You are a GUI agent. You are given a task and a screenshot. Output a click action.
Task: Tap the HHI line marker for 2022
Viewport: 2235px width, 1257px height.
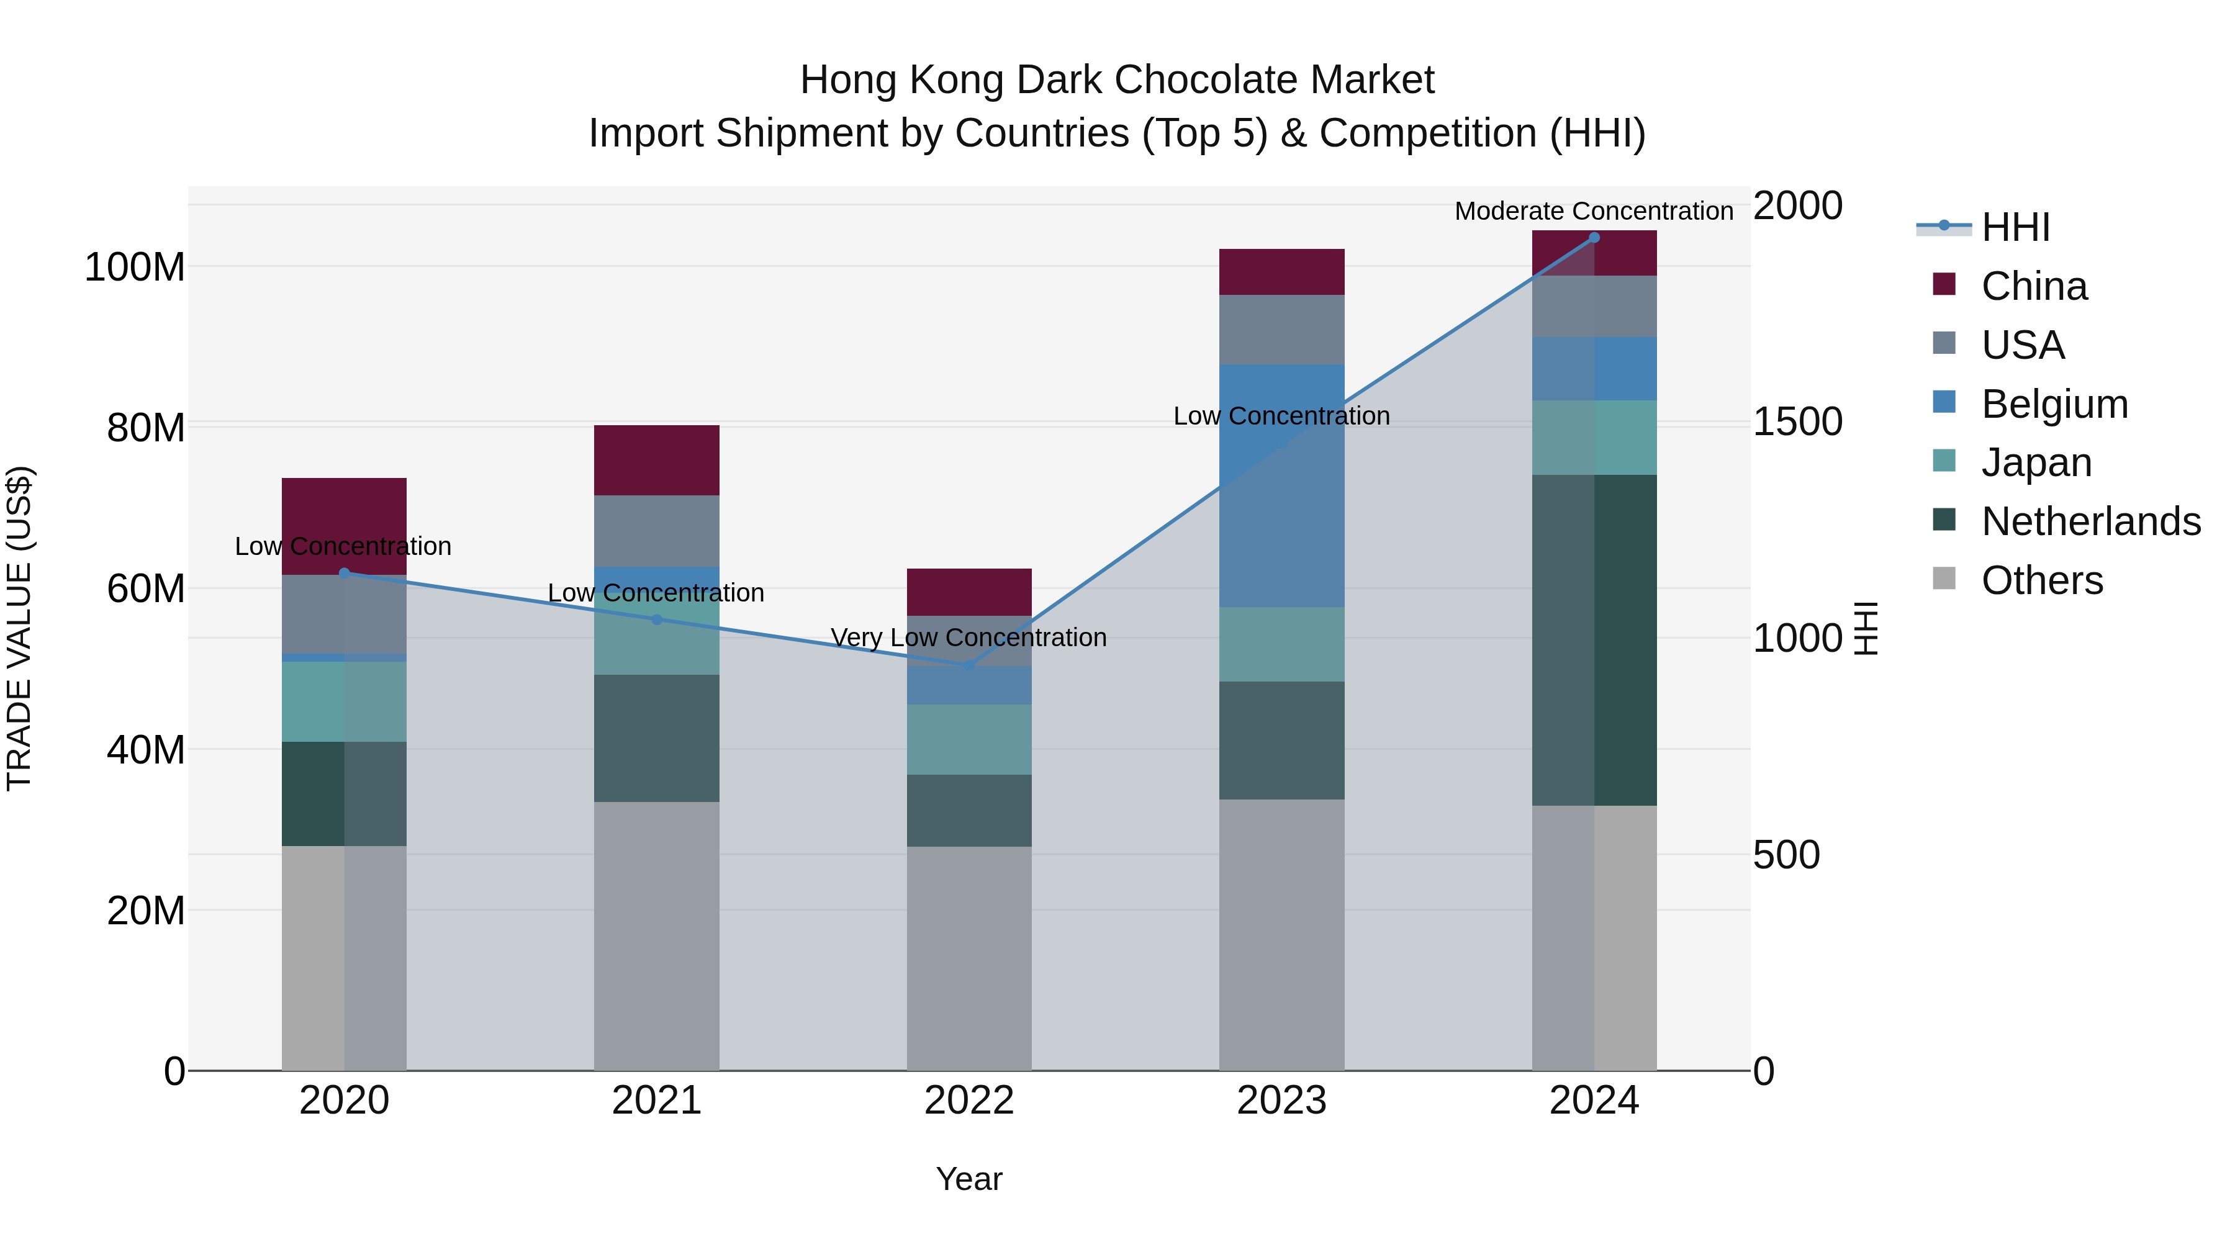[969, 665]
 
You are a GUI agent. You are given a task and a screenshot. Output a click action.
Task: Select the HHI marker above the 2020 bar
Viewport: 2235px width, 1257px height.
[345, 572]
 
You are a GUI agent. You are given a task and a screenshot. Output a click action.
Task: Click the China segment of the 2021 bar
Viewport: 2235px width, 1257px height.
[657, 460]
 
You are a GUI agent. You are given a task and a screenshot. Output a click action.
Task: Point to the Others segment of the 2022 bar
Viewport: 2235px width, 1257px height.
[969, 958]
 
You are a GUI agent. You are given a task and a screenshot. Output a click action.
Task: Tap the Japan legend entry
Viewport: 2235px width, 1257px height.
[2036, 462]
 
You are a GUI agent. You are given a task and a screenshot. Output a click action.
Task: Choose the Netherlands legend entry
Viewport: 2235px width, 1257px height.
[2090, 521]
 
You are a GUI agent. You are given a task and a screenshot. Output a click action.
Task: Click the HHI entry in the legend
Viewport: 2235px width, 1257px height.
[2015, 227]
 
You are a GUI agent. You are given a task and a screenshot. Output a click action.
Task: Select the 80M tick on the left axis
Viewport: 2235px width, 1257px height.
[146, 428]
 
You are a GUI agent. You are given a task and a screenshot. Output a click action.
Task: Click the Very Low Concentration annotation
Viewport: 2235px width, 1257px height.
[968, 638]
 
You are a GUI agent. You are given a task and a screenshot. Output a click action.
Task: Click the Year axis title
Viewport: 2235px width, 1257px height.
[969, 1179]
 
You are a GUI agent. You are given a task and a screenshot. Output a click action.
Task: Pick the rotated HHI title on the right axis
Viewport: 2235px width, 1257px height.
[1866, 628]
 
